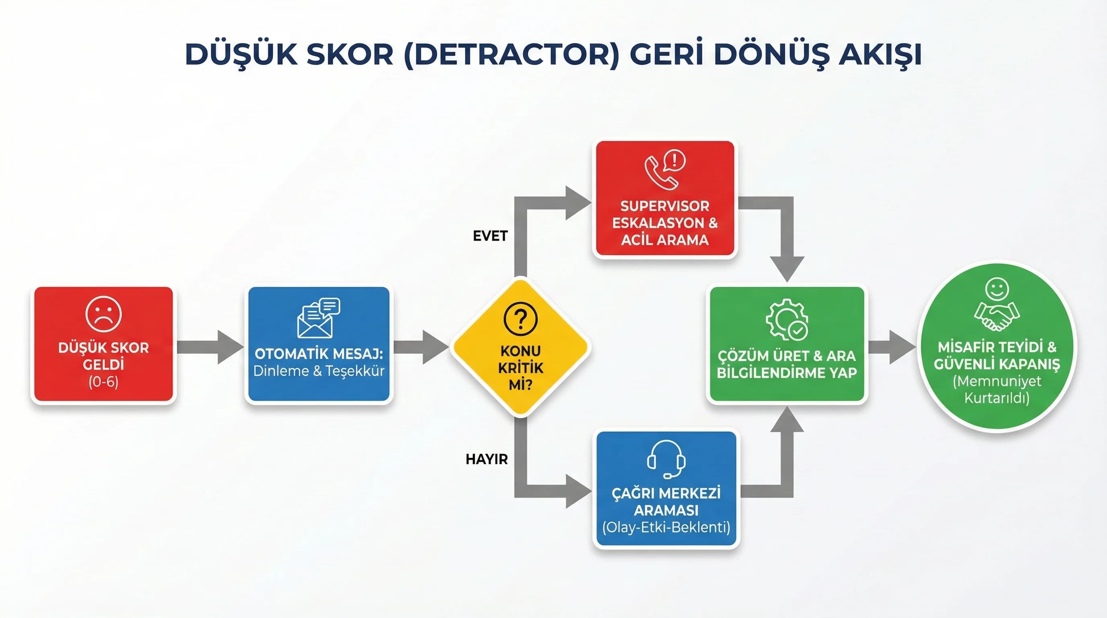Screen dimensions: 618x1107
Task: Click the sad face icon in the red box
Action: (103, 314)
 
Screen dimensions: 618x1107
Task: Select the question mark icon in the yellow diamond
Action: (521, 319)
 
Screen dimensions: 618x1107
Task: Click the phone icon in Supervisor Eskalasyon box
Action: (661, 173)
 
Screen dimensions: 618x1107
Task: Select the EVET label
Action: (490, 236)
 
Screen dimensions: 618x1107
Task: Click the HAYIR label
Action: (486, 459)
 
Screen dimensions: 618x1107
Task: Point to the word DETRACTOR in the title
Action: (511, 54)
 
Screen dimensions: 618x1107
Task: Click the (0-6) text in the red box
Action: (103, 382)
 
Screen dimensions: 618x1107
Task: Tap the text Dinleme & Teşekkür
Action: (319, 371)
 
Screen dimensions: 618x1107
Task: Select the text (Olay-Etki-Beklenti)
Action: (666, 527)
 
